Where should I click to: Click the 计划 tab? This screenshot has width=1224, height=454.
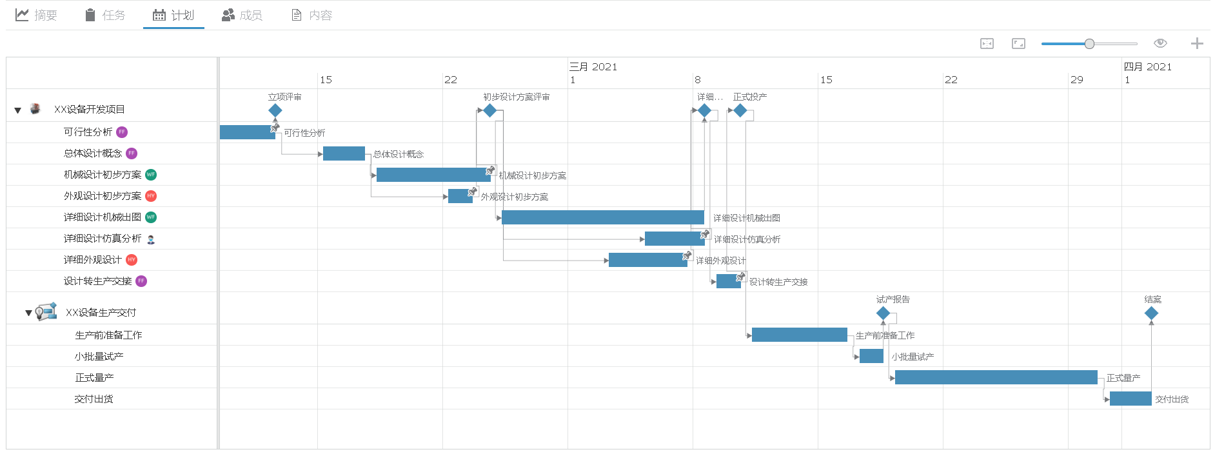(173, 15)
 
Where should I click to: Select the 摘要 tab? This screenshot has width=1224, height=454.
(37, 15)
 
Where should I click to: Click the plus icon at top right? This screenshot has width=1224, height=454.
(1197, 43)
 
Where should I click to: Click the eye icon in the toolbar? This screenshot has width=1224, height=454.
(1160, 43)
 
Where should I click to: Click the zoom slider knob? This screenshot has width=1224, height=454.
(1089, 44)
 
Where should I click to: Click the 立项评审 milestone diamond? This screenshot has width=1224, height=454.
(275, 110)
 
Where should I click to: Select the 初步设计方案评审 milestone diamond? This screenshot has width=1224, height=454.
(490, 110)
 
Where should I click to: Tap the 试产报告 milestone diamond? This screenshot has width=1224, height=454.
(883, 313)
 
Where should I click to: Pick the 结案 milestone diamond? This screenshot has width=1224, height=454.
(1151, 313)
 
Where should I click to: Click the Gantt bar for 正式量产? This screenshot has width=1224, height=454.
(996, 377)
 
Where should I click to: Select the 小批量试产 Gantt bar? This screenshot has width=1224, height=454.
(871, 356)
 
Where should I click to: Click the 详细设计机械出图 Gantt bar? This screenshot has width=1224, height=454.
(602, 217)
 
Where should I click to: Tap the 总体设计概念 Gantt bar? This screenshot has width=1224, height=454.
(344, 153)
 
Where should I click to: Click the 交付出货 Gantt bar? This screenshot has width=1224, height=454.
(1130, 399)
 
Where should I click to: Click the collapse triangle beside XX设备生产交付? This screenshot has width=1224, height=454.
(28, 313)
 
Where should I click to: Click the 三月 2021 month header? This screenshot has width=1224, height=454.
(593, 66)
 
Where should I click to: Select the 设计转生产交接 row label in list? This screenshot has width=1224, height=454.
(97, 281)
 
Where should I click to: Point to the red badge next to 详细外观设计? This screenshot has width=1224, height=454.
(132, 260)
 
